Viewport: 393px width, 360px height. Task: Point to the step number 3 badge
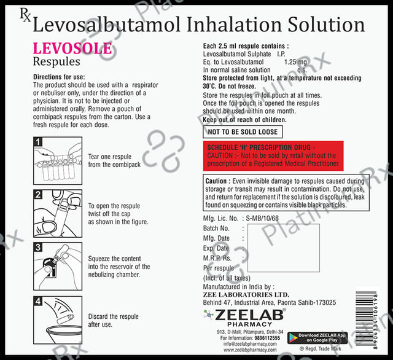(37, 248)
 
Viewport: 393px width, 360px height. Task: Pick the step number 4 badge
(37, 302)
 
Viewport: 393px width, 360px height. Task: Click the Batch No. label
(216, 229)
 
